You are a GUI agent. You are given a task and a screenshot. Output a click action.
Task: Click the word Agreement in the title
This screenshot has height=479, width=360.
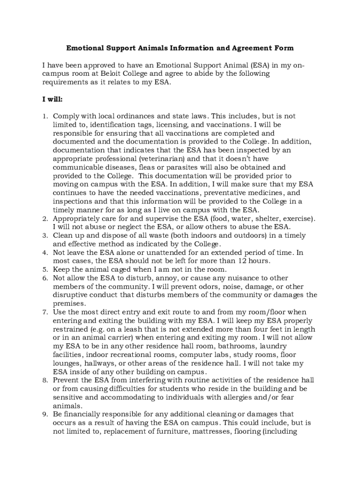point(257,48)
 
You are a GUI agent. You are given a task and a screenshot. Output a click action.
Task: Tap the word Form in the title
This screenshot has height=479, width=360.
point(285,48)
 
